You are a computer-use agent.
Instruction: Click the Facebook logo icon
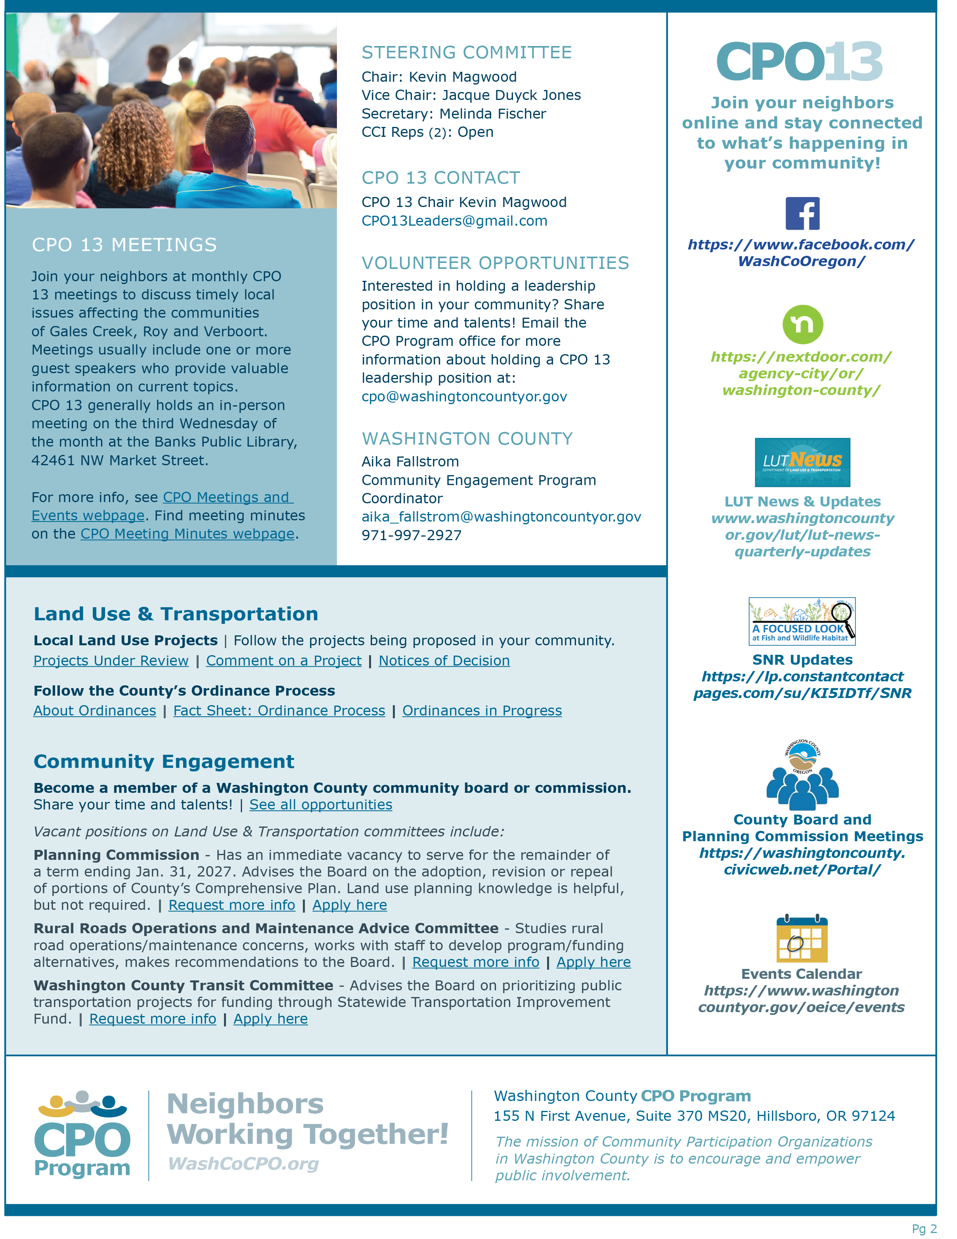(802, 213)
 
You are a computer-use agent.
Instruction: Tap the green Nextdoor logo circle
(802, 324)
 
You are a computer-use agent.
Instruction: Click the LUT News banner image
(802, 462)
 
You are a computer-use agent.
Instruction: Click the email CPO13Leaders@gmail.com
(454, 221)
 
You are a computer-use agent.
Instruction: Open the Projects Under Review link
(111, 661)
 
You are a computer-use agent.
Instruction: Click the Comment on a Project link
(283, 661)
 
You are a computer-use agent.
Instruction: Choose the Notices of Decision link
(444, 661)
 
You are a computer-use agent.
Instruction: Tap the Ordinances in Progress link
(482, 711)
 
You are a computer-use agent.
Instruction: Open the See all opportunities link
(320, 805)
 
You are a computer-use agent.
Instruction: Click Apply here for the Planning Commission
(349, 905)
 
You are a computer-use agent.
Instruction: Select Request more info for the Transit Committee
(153, 1019)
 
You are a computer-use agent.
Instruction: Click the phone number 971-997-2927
(412, 535)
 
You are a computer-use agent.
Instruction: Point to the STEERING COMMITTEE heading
(467, 52)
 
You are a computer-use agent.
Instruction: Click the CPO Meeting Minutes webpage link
(187, 534)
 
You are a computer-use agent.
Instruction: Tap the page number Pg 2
(924, 1229)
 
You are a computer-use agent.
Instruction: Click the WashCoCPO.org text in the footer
(243, 1164)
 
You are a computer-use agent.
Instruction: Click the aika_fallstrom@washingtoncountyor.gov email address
(501, 517)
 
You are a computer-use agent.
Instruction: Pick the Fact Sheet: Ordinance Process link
(279, 711)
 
